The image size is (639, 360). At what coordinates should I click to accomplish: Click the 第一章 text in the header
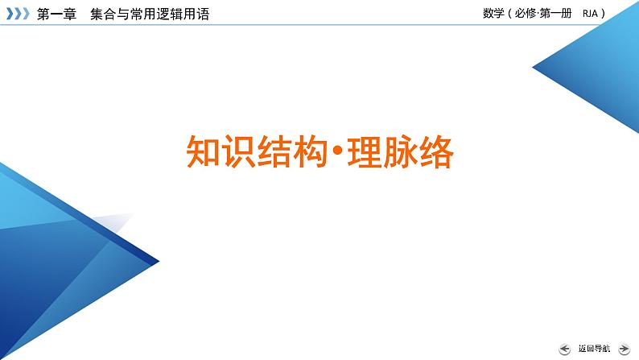click(x=56, y=14)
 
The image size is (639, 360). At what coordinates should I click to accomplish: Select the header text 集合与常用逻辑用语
click(x=149, y=14)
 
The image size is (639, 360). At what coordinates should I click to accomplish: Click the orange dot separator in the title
click(x=338, y=151)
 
